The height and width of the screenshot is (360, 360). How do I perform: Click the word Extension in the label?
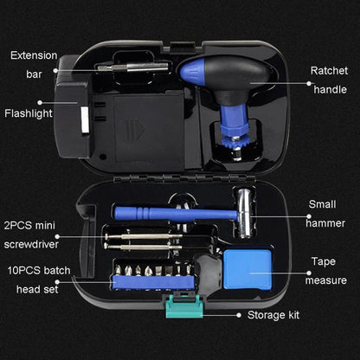(x=34, y=55)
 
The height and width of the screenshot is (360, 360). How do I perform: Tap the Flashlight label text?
(x=29, y=113)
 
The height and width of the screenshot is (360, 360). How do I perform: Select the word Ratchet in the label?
(x=329, y=71)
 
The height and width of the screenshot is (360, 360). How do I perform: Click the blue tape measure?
(x=247, y=270)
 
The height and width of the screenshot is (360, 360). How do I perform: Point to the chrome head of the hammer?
(x=244, y=214)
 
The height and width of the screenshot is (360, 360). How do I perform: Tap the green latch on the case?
(x=184, y=306)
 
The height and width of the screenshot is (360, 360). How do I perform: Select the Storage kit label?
(x=273, y=315)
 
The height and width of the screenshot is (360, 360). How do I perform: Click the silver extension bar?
(x=132, y=67)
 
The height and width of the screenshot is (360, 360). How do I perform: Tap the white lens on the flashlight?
(x=85, y=120)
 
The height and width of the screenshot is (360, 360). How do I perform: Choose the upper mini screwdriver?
(x=144, y=237)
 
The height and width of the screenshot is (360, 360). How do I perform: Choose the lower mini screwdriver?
(x=143, y=247)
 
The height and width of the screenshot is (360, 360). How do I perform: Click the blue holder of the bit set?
(x=154, y=282)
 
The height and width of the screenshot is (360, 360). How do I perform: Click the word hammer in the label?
(x=325, y=223)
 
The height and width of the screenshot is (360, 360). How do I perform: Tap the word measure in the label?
(x=326, y=280)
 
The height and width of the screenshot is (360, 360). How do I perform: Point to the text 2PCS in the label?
(x=16, y=226)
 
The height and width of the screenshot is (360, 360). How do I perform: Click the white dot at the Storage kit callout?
(x=239, y=315)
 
